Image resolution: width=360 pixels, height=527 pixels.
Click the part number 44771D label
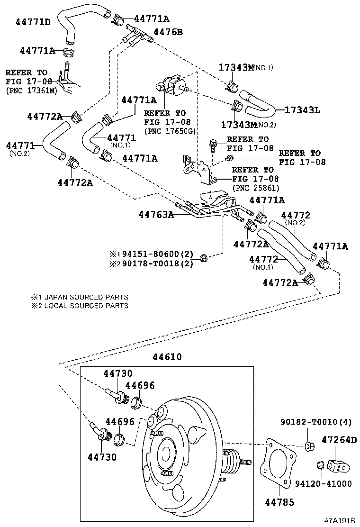tap(33, 22)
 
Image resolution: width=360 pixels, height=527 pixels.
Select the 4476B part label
tap(168, 32)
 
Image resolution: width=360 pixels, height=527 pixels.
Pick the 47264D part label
tap(340, 439)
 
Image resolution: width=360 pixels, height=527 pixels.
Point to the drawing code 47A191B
tap(339, 520)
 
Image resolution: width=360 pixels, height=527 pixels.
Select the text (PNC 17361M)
tap(31, 90)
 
